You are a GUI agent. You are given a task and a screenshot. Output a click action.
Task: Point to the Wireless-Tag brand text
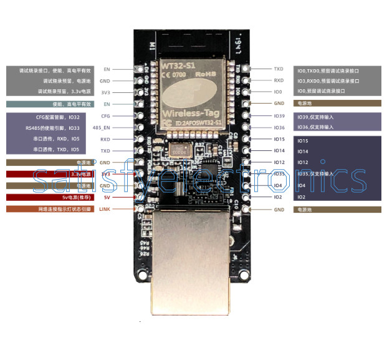(193, 114)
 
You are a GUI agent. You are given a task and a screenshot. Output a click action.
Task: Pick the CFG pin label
(105, 116)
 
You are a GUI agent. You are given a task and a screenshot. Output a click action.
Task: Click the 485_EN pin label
(101, 127)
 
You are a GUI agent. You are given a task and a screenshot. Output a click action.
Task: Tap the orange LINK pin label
(104, 208)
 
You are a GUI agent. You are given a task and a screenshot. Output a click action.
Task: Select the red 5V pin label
(107, 197)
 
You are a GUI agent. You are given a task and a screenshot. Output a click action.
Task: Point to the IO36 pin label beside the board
(279, 127)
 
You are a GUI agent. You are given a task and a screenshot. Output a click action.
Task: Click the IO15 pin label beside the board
(279, 139)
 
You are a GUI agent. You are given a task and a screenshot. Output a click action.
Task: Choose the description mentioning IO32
(58, 117)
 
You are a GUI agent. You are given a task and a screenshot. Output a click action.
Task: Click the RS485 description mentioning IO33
(57, 128)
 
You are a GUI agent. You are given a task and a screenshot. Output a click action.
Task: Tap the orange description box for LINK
(49, 209)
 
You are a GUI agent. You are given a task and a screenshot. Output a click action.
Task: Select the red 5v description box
(49, 197)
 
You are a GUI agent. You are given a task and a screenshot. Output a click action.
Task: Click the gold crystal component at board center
(181, 150)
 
